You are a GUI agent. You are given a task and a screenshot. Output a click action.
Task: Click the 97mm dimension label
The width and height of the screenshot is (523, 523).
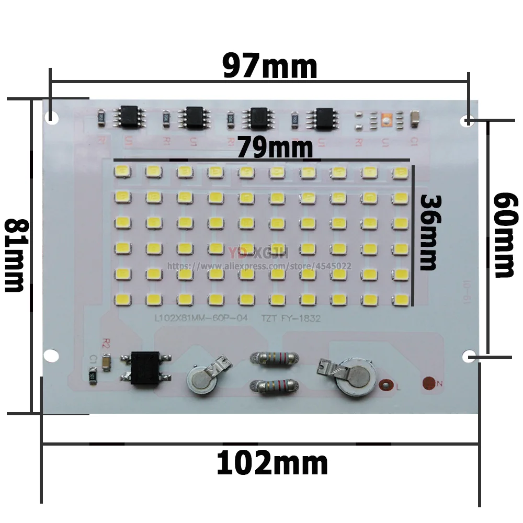(269, 66)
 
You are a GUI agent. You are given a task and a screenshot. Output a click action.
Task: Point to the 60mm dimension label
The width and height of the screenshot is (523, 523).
(504, 235)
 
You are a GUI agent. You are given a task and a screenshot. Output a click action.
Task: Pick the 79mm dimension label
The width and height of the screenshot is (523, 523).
(275, 147)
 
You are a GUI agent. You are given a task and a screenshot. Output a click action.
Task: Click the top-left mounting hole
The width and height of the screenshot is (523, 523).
(51, 116)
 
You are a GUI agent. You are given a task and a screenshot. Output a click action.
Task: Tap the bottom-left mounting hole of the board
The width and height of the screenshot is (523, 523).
(51, 355)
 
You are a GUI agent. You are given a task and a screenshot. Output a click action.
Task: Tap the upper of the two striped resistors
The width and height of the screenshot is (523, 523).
(276, 359)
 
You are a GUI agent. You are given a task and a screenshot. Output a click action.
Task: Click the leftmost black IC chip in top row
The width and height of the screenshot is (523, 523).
(129, 116)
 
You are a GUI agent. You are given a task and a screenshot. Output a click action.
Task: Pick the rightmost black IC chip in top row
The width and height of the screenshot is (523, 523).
(322, 116)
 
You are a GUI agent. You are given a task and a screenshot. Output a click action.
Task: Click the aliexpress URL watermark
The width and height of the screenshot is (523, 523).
(259, 266)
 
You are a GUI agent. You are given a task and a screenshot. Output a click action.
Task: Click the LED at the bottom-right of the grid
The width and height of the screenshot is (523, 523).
(401, 300)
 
